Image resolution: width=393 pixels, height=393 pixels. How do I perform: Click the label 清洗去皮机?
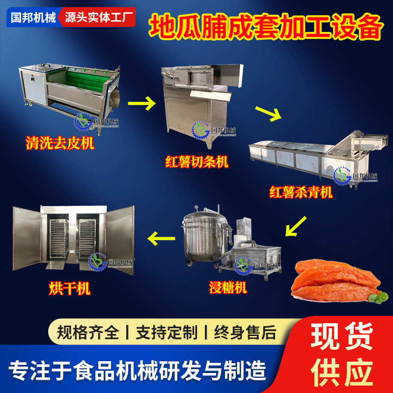(59, 143)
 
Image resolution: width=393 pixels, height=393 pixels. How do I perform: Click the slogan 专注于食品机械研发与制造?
(138, 368)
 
